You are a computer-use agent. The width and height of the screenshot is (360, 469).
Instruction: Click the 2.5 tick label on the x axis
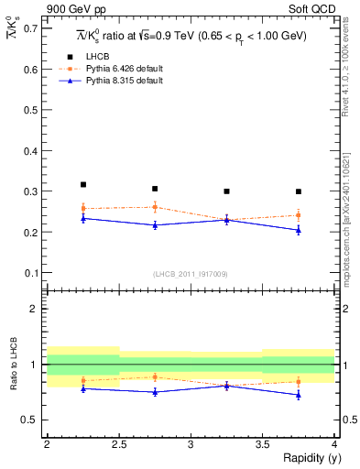tap(119, 444)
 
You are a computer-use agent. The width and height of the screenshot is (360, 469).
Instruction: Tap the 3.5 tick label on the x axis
tap(263, 444)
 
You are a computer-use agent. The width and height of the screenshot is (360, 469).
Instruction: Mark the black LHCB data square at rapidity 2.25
tap(83, 185)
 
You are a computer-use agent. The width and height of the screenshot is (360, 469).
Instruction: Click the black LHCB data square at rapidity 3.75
tap(299, 191)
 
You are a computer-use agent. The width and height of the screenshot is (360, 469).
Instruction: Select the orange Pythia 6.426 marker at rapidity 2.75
tap(155, 207)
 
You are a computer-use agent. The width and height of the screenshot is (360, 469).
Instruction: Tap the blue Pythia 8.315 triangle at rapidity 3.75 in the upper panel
tap(299, 230)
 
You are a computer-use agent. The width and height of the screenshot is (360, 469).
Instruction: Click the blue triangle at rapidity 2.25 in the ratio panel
tap(83, 388)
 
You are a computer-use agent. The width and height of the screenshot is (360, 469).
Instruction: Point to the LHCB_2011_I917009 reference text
tap(191, 273)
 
